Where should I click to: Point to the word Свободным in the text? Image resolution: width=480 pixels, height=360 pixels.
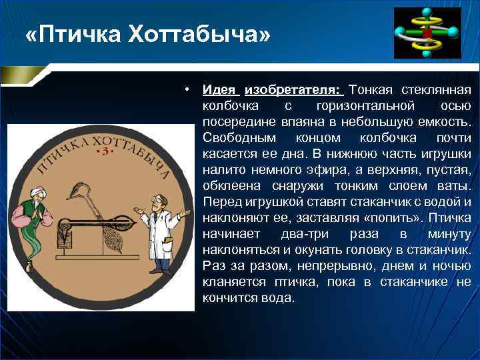pos(237,138)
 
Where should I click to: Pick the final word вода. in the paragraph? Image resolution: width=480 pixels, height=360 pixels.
pos(279,298)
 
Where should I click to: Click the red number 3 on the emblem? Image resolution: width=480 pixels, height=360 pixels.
pos(102,153)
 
